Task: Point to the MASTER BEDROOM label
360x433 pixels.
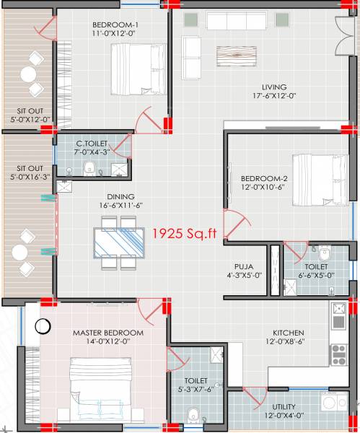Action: pyautogui.click(x=108, y=333)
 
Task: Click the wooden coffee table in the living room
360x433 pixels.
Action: pyautogui.click(x=236, y=56)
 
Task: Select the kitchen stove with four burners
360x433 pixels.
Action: pyautogui.click(x=338, y=354)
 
